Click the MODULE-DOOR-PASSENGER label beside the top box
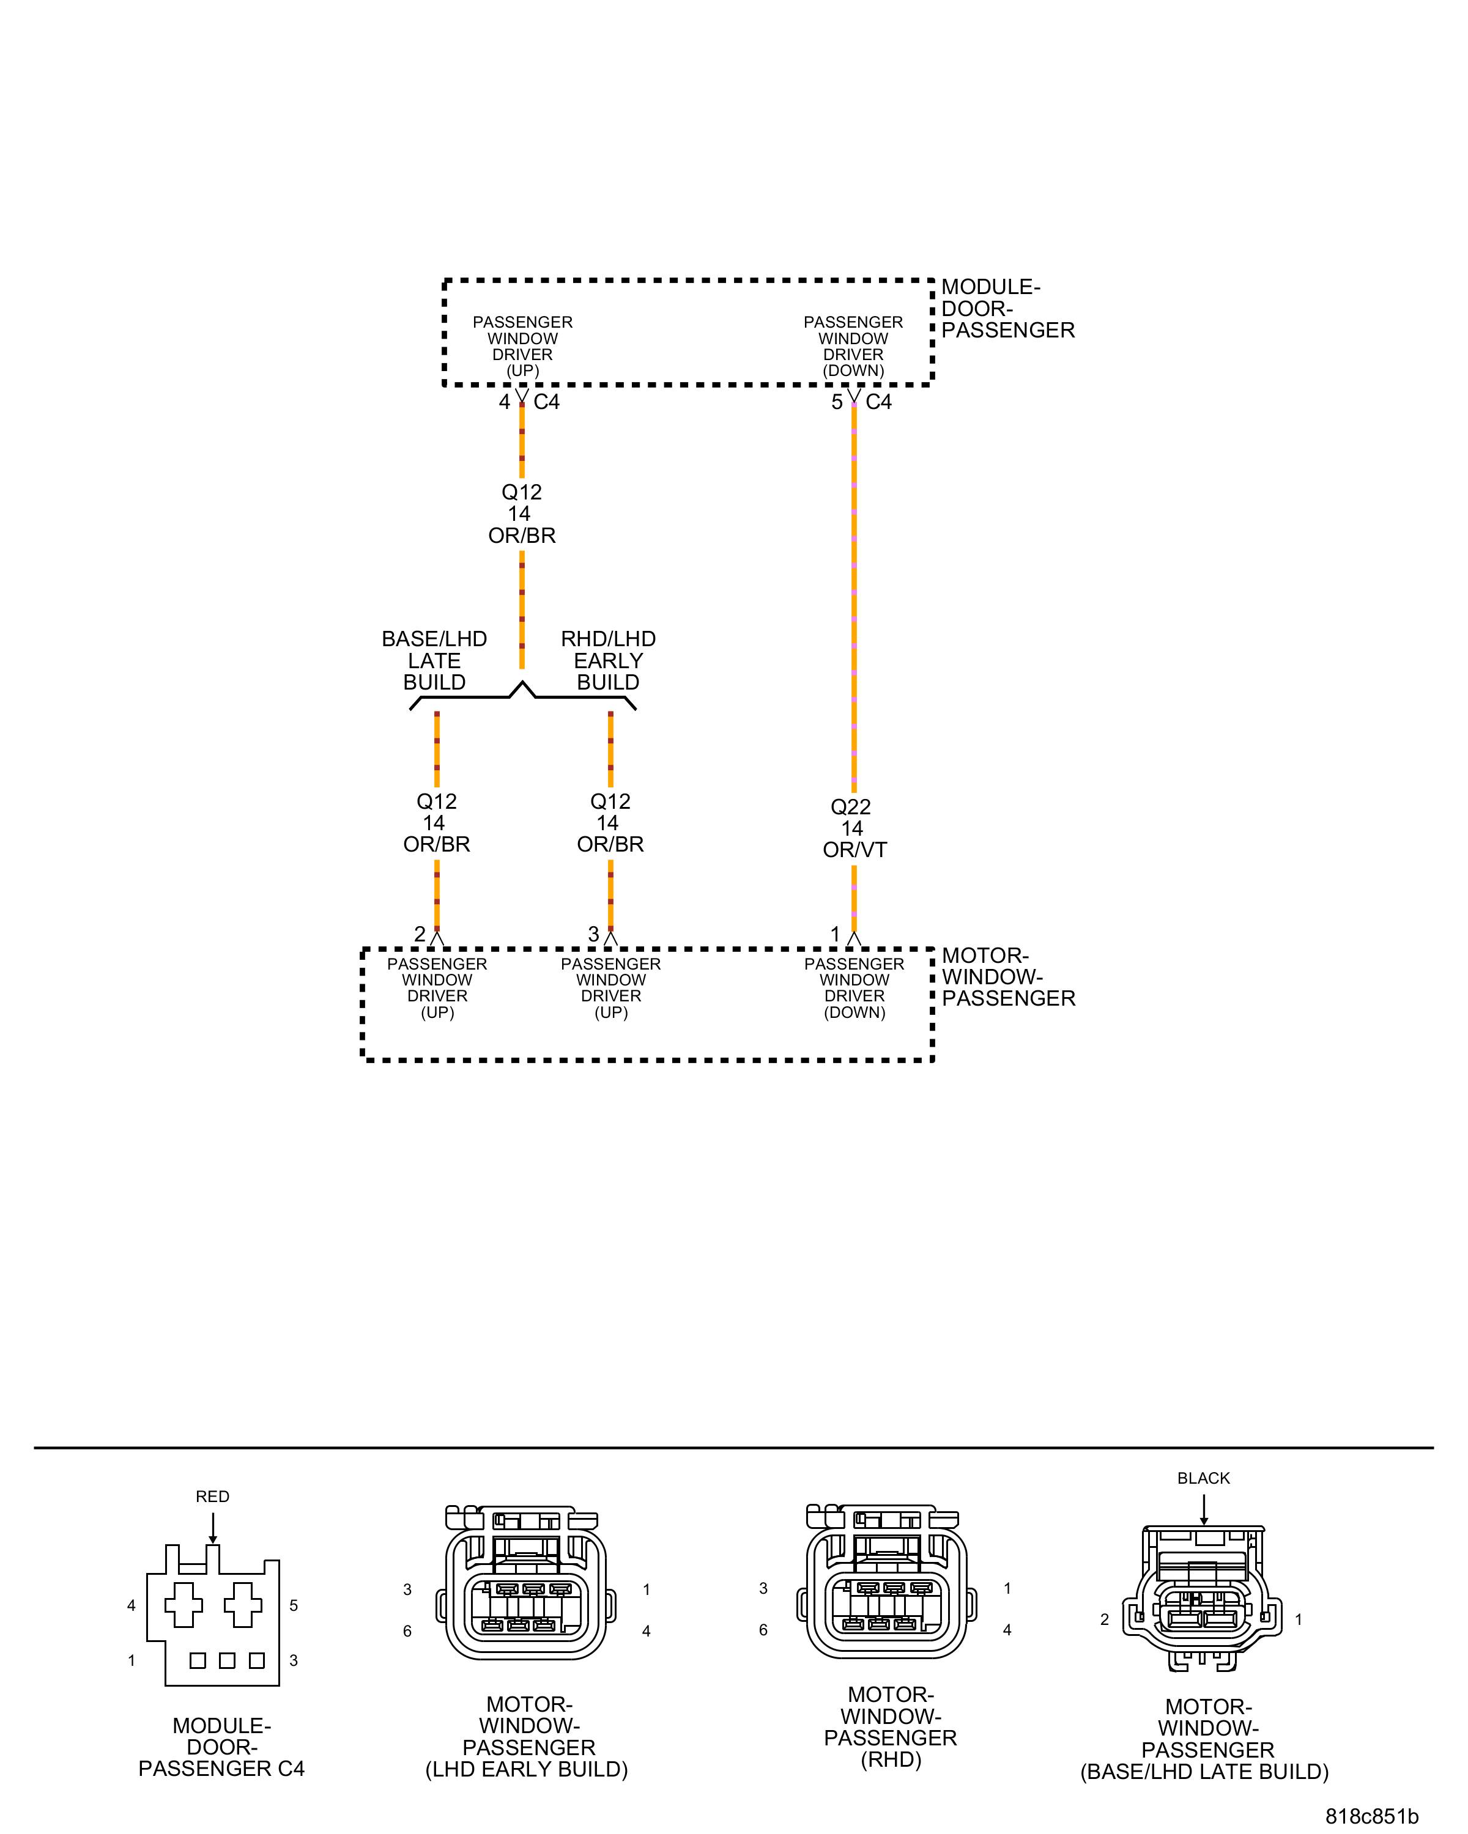coord(1007,309)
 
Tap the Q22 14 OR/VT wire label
coord(853,828)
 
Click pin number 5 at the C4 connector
coord(837,402)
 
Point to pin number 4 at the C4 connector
coord(505,402)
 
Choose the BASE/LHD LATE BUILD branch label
coord(434,660)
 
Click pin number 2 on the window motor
coord(420,934)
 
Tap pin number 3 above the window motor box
coord(593,934)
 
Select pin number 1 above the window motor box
coord(836,934)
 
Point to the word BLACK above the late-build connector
coord(1203,1478)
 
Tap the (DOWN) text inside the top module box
coord(853,370)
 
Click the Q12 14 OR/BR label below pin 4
coord(521,514)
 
